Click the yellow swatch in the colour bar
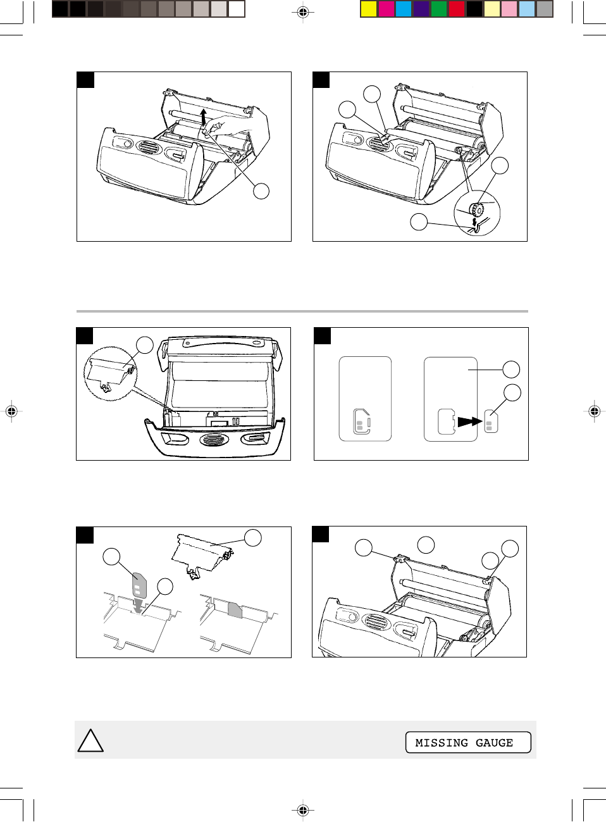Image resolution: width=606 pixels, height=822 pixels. (x=368, y=9)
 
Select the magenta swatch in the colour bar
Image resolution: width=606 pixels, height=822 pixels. (x=386, y=9)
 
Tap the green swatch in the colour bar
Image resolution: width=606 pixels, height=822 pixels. (x=439, y=9)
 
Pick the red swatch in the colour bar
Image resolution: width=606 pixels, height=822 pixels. (x=457, y=9)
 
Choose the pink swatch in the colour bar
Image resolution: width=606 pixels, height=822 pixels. (x=509, y=9)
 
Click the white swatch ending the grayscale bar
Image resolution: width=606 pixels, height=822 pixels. (x=237, y=9)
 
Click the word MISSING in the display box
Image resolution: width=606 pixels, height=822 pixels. (x=442, y=743)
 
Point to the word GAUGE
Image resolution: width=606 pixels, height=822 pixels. (x=494, y=743)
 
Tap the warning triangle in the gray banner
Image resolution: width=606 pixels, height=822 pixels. (x=90, y=740)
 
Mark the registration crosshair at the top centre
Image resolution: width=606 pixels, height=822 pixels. (x=302, y=13)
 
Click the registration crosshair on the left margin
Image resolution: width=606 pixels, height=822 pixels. (x=12, y=411)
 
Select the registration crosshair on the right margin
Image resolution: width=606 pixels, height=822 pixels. (x=594, y=411)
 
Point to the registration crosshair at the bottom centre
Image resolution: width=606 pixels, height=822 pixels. (x=302, y=809)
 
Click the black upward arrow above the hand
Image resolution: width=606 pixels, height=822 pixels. (x=204, y=117)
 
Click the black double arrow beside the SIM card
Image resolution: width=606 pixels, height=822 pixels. (x=469, y=421)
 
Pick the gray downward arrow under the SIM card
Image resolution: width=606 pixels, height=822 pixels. (x=138, y=606)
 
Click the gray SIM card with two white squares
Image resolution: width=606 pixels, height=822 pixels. (x=139, y=584)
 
